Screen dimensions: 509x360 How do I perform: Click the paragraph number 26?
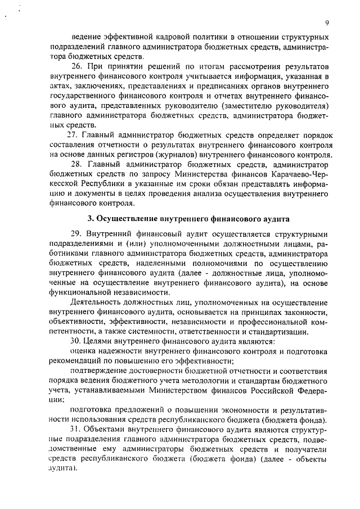coord(76,66)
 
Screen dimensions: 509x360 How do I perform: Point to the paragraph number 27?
coord(72,135)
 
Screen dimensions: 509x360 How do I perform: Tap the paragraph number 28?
coord(76,164)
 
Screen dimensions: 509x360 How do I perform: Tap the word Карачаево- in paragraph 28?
coord(280,174)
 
